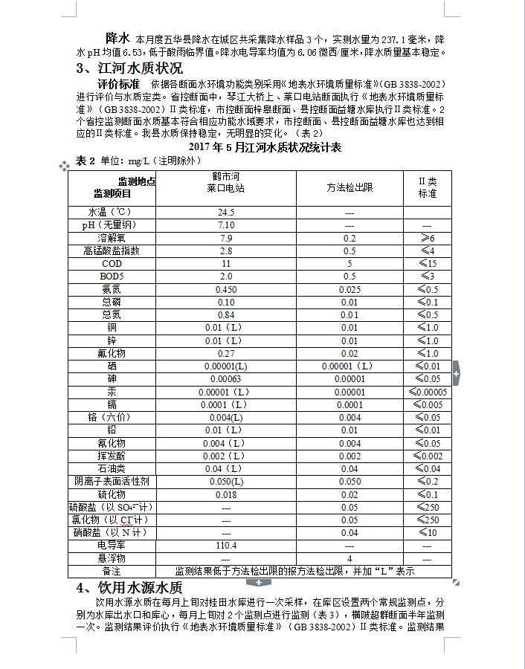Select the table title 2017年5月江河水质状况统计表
click(265, 147)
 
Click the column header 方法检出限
click(350, 188)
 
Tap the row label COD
click(112, 264)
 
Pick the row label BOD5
click(112, 277)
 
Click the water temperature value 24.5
click(225, 213)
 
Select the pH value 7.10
click(225, 225)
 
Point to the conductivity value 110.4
click(225, 546)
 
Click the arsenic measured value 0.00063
click(225, 379)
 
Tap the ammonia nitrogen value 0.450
click(225, 289)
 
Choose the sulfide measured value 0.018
click(225, 494)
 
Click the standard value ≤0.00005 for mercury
click(427, 392)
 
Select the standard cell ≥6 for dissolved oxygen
click(427, 238)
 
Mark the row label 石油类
click(112, 469)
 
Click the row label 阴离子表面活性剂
click(112, 482)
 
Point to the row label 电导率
click(112, 546)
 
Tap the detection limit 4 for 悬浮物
click(350, 558)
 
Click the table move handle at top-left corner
click(64, 167)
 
